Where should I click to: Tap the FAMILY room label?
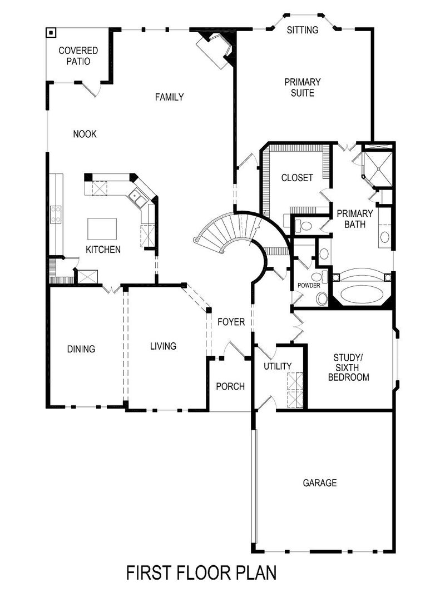point(169,97)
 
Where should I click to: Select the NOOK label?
point(85,134)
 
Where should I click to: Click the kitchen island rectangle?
point(102,228)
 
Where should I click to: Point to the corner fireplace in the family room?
point(216,49)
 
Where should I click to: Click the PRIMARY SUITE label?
point(303,87)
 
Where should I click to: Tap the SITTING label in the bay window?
point(303,30)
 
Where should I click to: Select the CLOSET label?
point(297,178)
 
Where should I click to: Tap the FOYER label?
point(231,322)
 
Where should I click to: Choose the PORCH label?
point(230,386)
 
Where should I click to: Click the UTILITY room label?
point(278,366)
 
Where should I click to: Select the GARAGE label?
point(320,483)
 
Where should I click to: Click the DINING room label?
point(81,349)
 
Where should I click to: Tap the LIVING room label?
point(163,346)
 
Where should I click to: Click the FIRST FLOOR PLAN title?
point(201,572)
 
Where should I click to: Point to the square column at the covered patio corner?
point(51,32)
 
